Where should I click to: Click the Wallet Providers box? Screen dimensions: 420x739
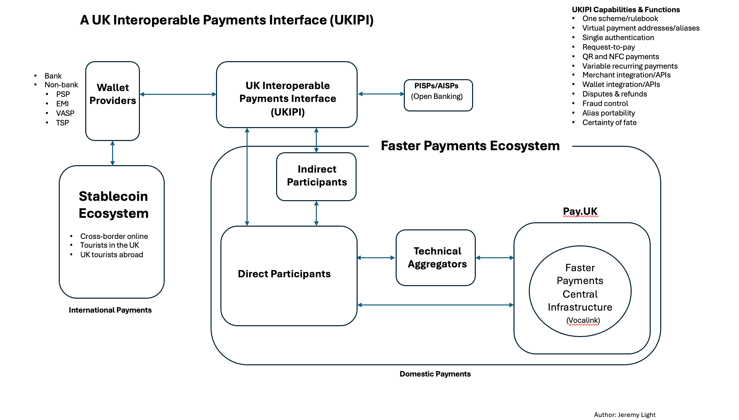point(112,101)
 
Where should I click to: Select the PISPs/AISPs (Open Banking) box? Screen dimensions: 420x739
point(438,95)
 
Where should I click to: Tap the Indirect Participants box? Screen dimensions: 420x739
point(316,176)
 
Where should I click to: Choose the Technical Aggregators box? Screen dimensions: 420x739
point(435,258)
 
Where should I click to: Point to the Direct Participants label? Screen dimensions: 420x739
point(284,274)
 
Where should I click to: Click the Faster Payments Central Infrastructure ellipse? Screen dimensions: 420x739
point(580,291)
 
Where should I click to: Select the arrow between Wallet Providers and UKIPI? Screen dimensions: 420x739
point(178,94)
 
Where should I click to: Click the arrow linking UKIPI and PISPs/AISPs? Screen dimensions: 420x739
point(381,94)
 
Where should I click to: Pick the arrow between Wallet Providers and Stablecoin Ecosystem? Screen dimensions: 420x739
point(112,153)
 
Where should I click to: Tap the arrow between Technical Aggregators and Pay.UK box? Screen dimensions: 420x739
point(494,258)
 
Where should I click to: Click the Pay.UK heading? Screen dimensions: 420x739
point(580,211)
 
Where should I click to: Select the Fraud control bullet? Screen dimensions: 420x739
point(605,104)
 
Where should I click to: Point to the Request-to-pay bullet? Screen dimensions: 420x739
point(608,47)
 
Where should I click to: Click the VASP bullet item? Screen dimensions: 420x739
point(65,113)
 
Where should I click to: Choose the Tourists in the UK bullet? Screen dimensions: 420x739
point(109,245)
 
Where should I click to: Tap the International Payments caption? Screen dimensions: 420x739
point(110,310)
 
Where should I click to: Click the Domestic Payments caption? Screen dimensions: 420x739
point(435,374)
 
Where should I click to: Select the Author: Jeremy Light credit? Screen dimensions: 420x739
point(624,415)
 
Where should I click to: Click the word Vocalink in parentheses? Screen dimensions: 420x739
point(583,320)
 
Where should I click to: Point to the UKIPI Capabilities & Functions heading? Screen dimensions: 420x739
point(626,10)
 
